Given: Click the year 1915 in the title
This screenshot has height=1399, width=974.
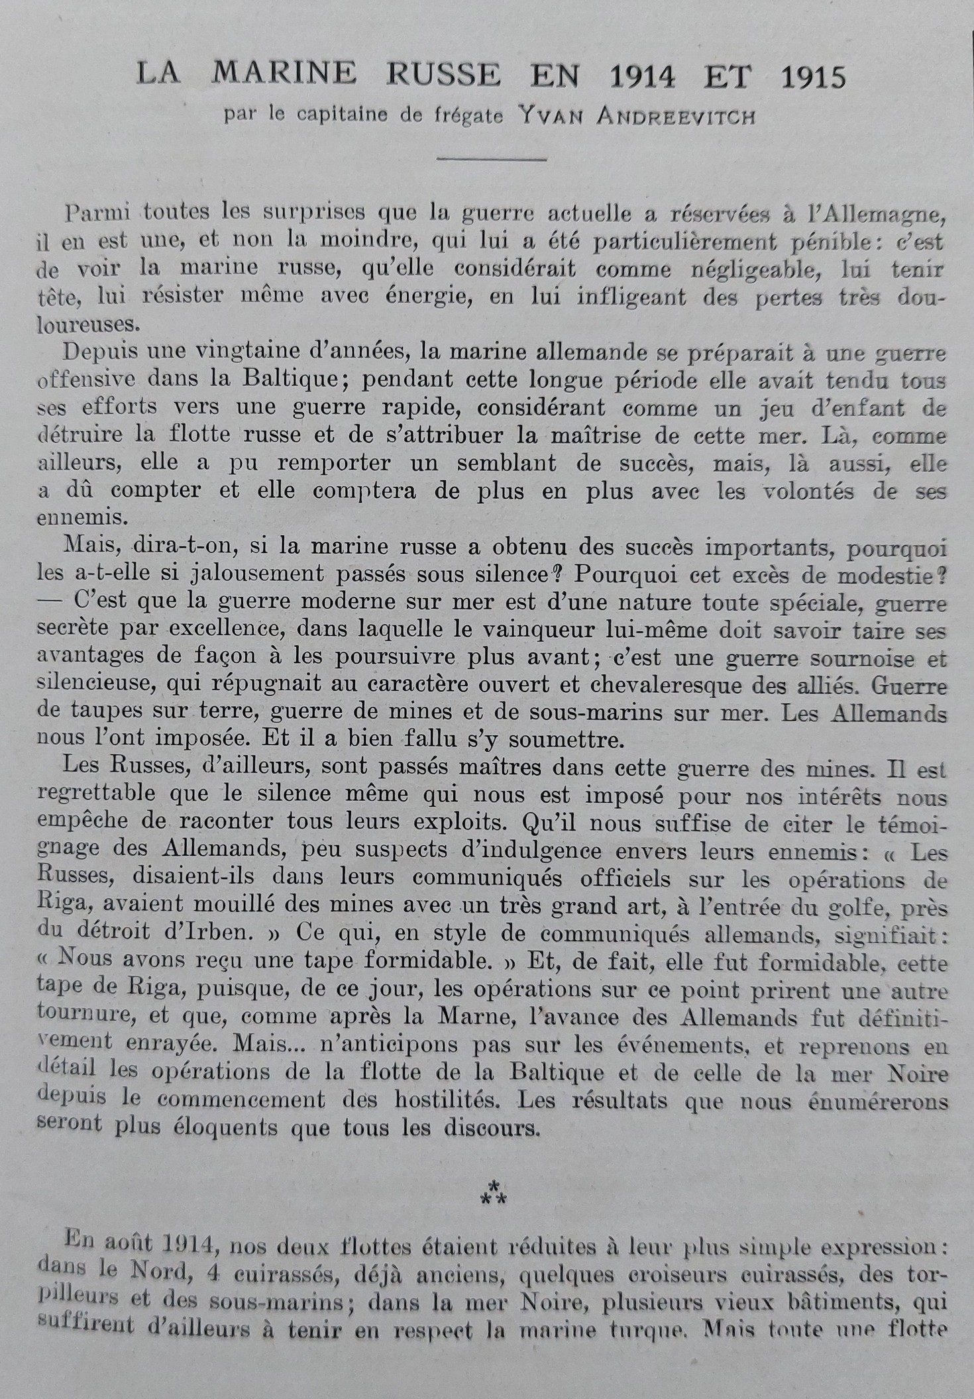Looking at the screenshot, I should point(814,78).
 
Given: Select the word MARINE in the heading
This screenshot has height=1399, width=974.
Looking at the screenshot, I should point(284,75).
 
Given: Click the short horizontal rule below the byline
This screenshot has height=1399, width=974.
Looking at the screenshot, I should point(492,159).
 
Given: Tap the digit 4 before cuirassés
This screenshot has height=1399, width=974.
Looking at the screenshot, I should point(212,1275).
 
